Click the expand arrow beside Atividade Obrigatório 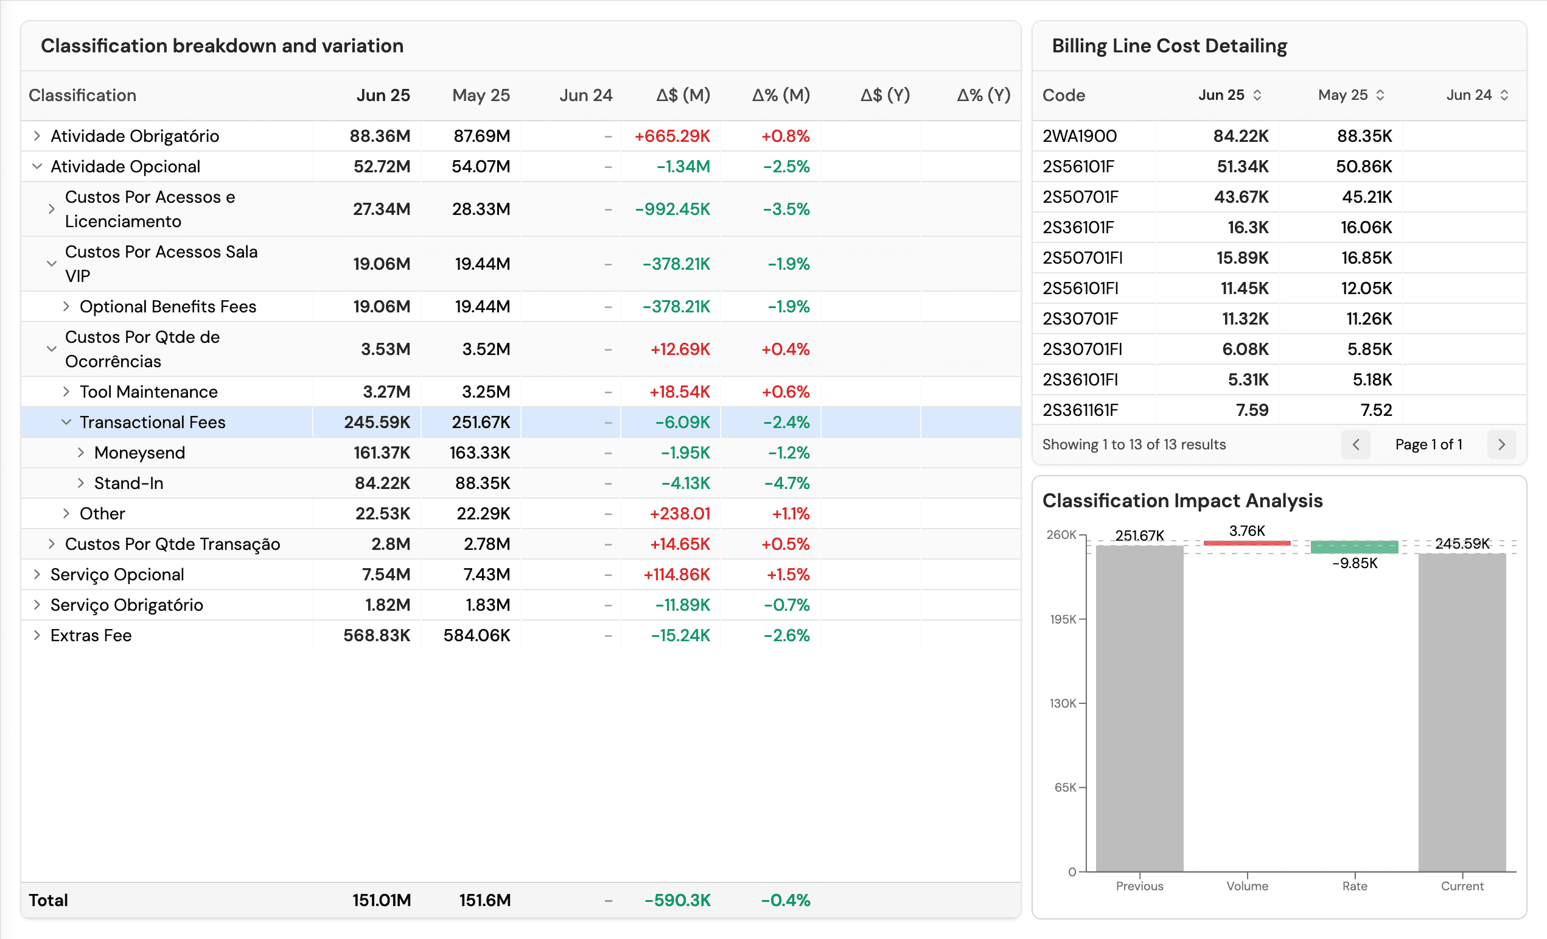(37, 136)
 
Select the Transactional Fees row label (152, 422)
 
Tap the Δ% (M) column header (780, 95)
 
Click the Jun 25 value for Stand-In (382, 483)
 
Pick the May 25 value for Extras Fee (477, 635)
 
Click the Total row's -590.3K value (677, 900)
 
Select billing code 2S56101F (1078, 166)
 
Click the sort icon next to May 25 (1380, 95)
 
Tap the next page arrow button (1501, 445)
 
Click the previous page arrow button (1355, 445)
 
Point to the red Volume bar (1247, 543)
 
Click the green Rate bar (1354, 547)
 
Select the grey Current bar (1462, 710)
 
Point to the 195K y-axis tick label (1063, 619)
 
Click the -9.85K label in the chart (1354, 563)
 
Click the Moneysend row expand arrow (80, 453)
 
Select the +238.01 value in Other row (679, 514)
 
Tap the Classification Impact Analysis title (1182, 501)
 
